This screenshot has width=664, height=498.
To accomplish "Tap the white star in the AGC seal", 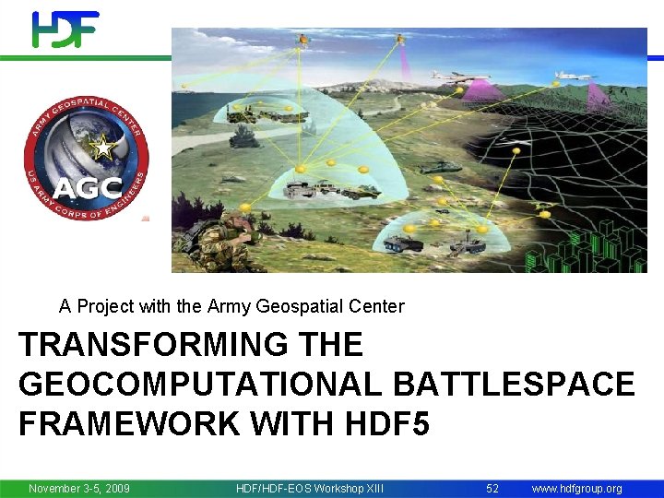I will pos(104,148).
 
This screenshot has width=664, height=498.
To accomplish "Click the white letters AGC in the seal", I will pos(86,188).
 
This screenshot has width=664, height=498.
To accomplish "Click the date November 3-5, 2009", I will pos(79,488).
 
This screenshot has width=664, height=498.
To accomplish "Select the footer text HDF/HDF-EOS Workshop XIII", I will pos(310,488).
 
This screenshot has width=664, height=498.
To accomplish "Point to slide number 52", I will pos(492,488).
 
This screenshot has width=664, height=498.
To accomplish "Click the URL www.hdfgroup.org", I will pos(576,488).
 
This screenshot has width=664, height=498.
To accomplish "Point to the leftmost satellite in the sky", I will pos(303,40).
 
